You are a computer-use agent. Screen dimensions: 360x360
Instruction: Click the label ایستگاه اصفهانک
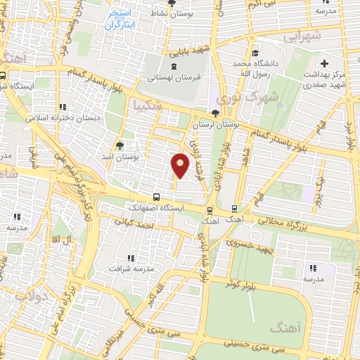153,209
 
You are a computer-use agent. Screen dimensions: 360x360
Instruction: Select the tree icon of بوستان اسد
120,146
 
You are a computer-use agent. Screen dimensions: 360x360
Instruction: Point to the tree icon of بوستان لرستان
214,113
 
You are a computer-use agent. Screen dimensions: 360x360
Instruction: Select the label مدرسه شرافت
129,268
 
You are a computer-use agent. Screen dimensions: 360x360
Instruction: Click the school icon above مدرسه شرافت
129,258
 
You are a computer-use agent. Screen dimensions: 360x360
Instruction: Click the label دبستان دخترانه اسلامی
53,118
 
